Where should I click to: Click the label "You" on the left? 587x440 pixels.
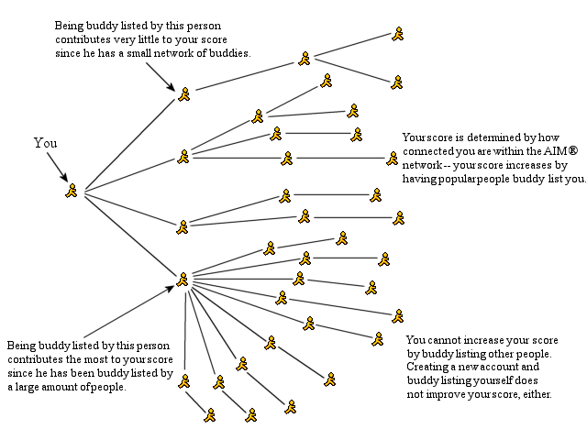click(46, 143)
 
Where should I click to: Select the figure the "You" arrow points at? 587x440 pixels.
click(72, 190)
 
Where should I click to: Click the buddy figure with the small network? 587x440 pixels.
click(183, 93)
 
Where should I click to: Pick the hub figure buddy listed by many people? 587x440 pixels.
click(183, 278)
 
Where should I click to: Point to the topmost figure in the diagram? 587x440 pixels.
click(397, 34)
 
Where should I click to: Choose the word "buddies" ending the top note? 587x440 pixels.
click(229, 54)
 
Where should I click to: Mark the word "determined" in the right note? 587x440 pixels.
click(482, 137)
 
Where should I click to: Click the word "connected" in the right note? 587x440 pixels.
click(429, 151)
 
